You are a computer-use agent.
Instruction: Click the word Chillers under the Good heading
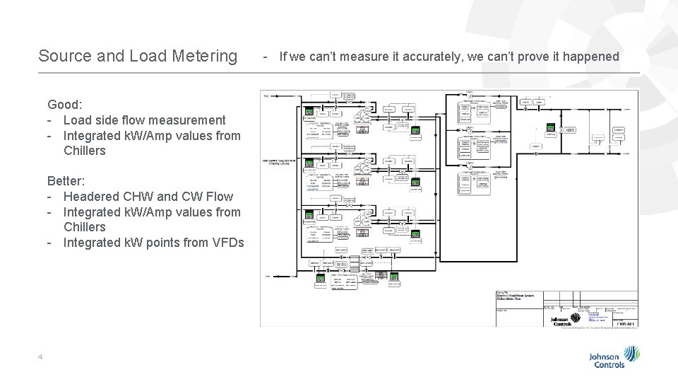point(84,151)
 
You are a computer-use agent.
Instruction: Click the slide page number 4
point(41,356)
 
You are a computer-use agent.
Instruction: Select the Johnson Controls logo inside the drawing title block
point(564,320)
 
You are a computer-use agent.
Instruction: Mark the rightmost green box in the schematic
point(551,129)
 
